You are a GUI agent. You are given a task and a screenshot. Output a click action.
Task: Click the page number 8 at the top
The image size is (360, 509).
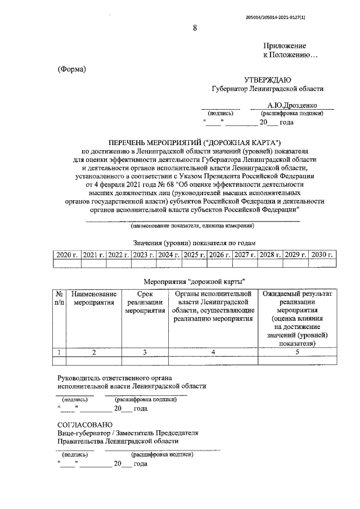(195, 28)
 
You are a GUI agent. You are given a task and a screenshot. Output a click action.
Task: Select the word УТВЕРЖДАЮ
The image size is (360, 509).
(267, 80)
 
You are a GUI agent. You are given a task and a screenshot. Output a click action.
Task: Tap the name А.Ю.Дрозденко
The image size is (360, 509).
(292, 105)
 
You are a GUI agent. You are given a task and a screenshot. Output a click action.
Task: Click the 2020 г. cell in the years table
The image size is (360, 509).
(66, 255)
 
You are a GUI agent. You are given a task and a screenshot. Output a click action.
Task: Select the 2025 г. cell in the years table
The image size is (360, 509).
(194, 255)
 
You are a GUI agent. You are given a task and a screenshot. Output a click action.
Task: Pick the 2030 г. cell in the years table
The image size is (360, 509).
(323, 255)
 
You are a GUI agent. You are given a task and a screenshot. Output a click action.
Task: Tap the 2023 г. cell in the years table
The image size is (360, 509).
(143, 255)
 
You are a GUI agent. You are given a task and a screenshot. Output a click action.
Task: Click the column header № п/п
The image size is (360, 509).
(59, 298)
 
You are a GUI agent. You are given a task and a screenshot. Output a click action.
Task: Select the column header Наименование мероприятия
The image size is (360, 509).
(94, 298)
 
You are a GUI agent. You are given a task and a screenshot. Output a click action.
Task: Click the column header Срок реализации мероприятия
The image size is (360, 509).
(145, 302)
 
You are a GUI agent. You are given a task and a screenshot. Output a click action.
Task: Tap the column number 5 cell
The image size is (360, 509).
(296, 352)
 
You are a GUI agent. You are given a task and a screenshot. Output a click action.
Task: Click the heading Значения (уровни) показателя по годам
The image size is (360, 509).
(194, 242)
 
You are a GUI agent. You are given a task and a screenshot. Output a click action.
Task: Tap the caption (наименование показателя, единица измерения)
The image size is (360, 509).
(192, 226)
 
